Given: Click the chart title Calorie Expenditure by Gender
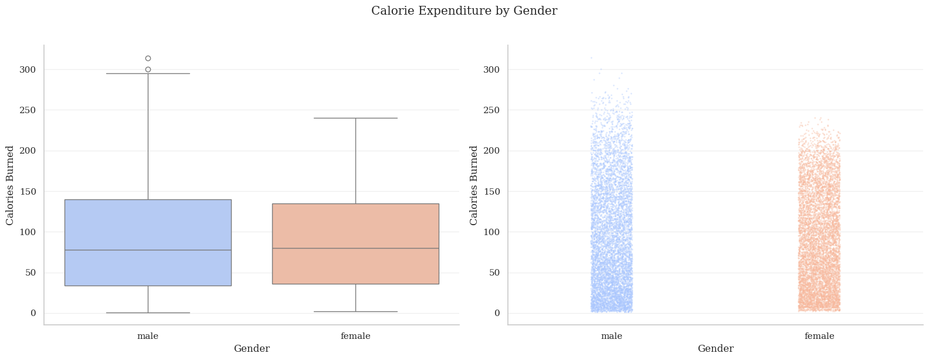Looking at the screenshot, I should click(464, 11).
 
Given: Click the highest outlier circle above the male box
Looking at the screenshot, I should click(148, 58).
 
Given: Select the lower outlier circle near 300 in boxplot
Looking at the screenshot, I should click(148, 69).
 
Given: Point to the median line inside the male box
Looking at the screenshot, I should click(148, 250).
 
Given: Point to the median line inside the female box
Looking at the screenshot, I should click(355, 248).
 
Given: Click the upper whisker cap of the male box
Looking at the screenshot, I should click(148, 73).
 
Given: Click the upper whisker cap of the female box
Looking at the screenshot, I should click(355, 118).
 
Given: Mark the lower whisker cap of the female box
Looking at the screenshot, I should click(355, 311).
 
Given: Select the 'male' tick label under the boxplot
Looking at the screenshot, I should click(148, 336).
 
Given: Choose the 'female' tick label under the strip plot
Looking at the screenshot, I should click(819, 336).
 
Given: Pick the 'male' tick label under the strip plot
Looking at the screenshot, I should click(612, 336).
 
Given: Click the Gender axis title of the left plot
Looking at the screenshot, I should click(252, 349).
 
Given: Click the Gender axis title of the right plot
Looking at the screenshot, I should click(716, 349).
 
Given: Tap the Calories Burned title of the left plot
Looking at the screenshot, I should click(10, 185).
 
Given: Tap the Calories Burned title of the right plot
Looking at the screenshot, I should click(474, 185).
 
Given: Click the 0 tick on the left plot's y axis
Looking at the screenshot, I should click(33, 313).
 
